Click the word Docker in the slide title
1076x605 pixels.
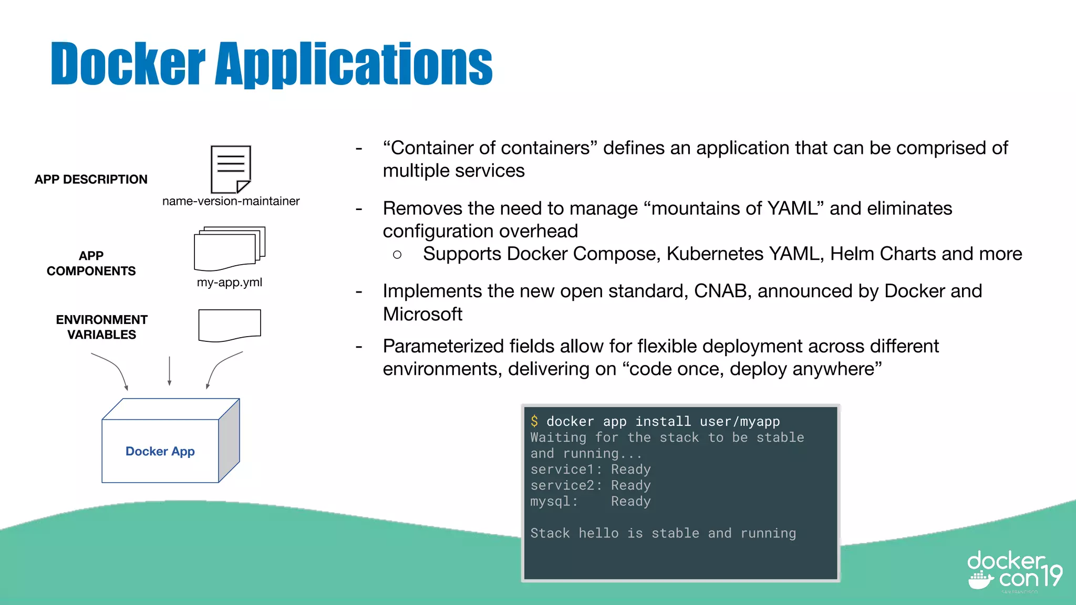128,64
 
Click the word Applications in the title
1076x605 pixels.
354,64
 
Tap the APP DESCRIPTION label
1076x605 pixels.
91,180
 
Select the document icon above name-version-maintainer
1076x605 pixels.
231,170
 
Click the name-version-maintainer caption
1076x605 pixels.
231,201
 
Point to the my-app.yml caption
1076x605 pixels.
229,283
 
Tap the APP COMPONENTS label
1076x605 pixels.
91,264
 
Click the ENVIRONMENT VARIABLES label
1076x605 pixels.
101,327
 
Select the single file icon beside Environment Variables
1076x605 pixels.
230,325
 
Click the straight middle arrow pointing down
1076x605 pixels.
169,371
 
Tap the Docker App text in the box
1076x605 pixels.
160,452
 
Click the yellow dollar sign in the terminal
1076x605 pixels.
534,421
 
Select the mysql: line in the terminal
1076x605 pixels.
590,502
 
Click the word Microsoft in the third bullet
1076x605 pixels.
422,314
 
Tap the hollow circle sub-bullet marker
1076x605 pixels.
397,255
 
